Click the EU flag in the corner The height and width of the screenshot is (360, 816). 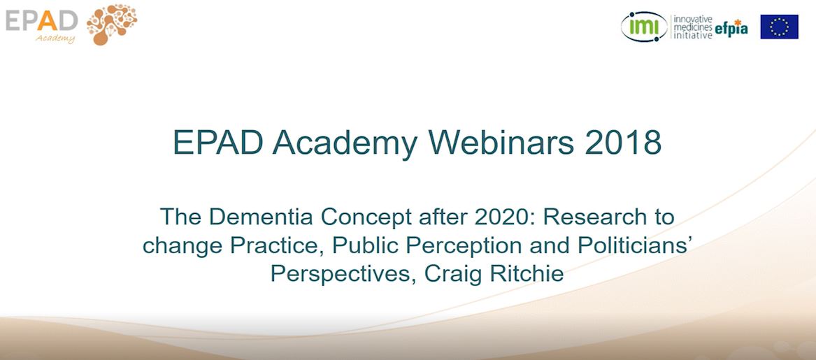(x=779, y=27)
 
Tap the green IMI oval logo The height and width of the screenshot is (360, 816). (x=644, y=27)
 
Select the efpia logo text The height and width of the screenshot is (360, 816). (x=731, y=28)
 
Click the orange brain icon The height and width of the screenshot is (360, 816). (x=112, y=24)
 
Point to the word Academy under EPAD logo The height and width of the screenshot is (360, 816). (x=56, y=38)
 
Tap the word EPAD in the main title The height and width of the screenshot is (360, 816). (x=217, y=143)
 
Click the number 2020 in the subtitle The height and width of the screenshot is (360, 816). (x=500, y=217)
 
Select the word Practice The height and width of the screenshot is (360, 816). (x=273, y=245)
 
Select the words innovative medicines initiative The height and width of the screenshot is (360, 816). (x=692, y=27)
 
